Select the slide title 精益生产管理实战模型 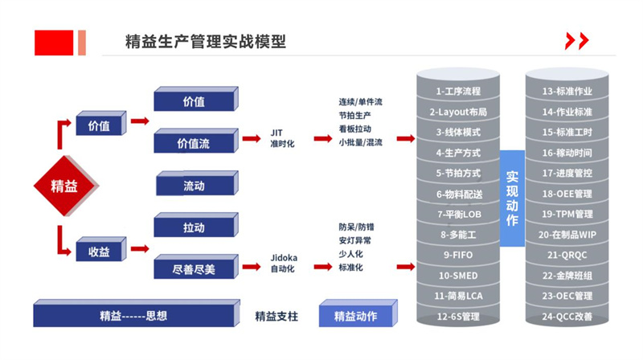tap(205, 41)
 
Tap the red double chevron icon tap(576, 42)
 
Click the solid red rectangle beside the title tap(54, 42)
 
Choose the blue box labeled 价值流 tap(193, 143)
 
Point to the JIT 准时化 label tap(283, 137)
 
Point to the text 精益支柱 tap(276, 316)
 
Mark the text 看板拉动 tap(354, 129)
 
